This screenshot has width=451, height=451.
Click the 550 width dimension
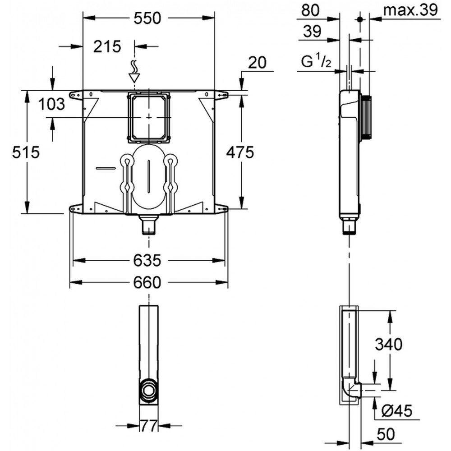[x=147, y=18]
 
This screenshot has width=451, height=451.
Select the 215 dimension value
[x=107, y=46]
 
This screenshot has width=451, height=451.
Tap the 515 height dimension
[x=26, y=152]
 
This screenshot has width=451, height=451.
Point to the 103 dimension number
[x=52, y=104]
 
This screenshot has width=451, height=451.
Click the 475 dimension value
[x=240, y=152]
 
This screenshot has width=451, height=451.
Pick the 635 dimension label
[x=147, y=261]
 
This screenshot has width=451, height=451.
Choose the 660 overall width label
[x=147, y=282]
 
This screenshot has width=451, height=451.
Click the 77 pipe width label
[x=149, y=426]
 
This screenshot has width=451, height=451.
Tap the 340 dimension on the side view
[x=389, y=344]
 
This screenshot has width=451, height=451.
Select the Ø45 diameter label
[x=397, y=411]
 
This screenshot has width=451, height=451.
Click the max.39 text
[x=411, y=10]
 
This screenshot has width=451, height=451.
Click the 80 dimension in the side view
[x=310, y=10]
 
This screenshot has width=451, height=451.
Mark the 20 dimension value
[x=258, y=62]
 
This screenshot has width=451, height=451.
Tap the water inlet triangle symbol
[x=134, y=78]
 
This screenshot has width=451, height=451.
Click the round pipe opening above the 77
[x=149, y=390]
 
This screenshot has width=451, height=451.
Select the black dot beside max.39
[x=359, y=19]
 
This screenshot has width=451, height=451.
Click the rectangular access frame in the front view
[x=149, y=117]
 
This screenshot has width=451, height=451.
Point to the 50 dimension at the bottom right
[x=386, y=434]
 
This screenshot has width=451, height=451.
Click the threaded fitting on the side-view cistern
[x=366, y=118]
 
